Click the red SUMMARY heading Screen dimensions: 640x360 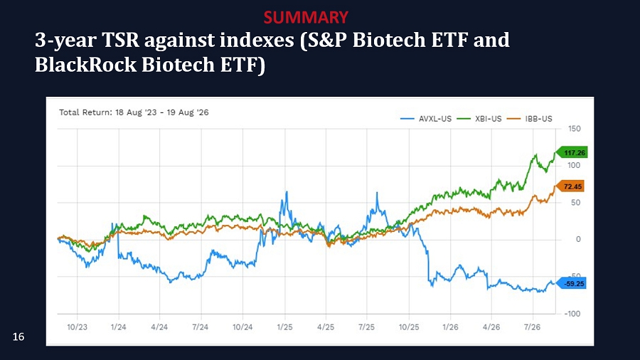pos(306,17)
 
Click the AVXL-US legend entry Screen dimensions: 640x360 pos(426,119)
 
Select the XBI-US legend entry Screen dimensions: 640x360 pos(479,119)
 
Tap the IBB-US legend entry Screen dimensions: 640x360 pos(529,119)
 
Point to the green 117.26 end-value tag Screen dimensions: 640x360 pos(572,153)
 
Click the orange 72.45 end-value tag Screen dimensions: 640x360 pos(570,186)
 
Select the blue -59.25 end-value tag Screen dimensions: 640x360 pos(572,283)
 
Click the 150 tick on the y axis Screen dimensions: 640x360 pos(575,129)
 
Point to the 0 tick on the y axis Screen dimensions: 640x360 pos(578,239)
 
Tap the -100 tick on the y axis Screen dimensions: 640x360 pos(572,314)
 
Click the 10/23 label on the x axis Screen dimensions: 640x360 pos(77,327)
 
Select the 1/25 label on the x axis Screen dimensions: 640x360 pos(284,327)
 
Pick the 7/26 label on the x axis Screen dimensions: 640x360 pos(532,327)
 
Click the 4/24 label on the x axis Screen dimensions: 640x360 pos(159,327)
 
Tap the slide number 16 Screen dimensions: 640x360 pos(18,337)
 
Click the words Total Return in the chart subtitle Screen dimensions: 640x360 pos(84,112)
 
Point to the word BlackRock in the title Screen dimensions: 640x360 pos(85,65)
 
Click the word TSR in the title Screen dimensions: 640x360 pos(120,40)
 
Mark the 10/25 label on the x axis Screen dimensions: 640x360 pos(409,327)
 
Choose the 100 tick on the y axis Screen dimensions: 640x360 pos(574,165)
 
